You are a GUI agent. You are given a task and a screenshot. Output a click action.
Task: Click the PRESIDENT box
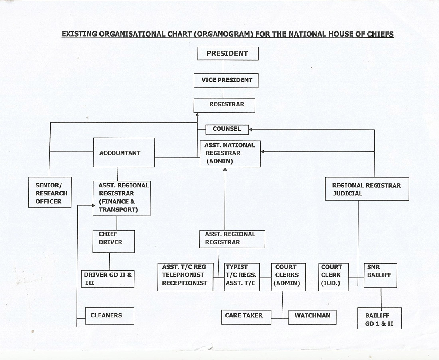(227, 53)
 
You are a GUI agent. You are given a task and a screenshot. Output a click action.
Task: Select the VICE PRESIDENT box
(226, 80)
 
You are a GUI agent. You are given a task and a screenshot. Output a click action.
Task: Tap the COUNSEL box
(227, 130)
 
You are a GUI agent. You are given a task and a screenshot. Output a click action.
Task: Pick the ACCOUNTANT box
(124, 152)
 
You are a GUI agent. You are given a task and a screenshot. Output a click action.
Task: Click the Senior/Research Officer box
(50, 192)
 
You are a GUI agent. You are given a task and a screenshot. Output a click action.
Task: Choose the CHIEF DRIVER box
(114, 242)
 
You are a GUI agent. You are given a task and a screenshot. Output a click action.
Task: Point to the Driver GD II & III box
(108, 279)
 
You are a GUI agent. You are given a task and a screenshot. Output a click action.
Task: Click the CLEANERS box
(110, 316)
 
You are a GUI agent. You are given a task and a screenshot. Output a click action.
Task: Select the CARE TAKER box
(246, 317)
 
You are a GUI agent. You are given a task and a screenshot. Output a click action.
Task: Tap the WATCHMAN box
(312, 317)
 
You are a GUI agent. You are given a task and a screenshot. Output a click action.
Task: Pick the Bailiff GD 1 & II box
(380, 318)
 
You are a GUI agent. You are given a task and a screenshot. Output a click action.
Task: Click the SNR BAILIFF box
(380, 275)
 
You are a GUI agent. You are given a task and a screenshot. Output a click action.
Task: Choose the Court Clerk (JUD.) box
(334, 277)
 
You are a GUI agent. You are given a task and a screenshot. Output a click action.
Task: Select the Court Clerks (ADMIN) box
(289, 277)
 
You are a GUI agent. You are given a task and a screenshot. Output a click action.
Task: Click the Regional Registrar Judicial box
(367, 189)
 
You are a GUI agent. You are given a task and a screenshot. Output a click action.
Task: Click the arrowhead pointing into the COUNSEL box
(251, 130)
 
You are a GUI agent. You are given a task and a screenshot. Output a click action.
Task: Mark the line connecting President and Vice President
(223, 67)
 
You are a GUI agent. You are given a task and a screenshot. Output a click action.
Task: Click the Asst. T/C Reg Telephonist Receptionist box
(185, 277)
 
